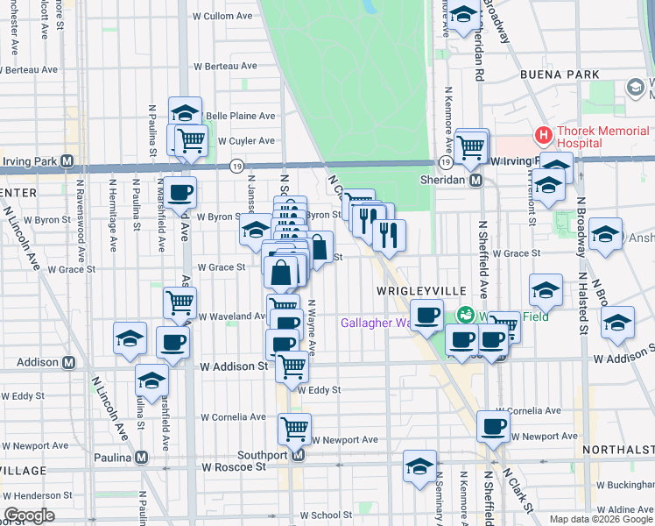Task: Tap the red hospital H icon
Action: click(x=543, y=136)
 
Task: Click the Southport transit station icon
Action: click(x=298, y=456)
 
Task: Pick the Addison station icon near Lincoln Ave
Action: click(x=67, y=362)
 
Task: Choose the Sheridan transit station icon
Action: click(x=476, y=180)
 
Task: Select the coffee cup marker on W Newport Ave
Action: click(x=493, y=426)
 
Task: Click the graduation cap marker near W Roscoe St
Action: click(x=420, y=466)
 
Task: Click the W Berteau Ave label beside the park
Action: click(x=225, y=66)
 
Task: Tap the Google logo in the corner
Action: click(x=29, y=515)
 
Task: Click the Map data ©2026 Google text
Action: click(x=599, y=519)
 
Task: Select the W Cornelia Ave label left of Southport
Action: click(x=233, y=417)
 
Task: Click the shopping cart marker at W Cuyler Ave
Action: click(x=190, y=139)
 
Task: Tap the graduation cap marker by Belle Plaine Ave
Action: click(x=186, y=112)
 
